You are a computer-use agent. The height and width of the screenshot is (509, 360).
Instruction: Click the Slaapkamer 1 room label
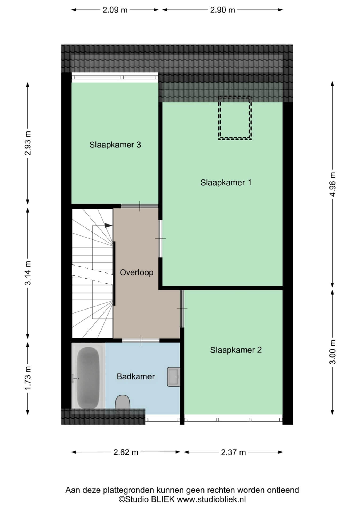(226, 182)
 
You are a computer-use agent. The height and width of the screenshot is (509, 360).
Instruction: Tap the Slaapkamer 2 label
(236, 350)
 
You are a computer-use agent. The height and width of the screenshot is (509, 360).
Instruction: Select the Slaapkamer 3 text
(115, 145)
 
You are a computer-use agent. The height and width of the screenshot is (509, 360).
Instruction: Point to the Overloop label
(137, 272)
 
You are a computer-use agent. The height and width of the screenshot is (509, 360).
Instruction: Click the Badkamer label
(136, 376)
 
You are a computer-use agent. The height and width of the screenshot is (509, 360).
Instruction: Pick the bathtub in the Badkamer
(88, 376)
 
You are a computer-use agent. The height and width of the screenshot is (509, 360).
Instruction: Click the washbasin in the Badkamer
(174, 377)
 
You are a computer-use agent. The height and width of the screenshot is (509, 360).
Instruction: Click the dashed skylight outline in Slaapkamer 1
(235, 118)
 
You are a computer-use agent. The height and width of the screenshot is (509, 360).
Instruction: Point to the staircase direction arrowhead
(108, 226)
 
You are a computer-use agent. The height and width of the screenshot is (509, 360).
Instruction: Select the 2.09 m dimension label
(115, 10)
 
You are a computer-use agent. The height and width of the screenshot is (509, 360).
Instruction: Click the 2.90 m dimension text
(222, 10)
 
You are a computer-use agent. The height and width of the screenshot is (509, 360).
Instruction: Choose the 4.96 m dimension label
(333, 184)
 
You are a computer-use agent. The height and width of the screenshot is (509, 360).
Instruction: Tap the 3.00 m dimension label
(333, 352)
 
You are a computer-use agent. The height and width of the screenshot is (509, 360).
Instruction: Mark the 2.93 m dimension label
(28, 143)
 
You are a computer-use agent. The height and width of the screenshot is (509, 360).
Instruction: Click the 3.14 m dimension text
(28, 273)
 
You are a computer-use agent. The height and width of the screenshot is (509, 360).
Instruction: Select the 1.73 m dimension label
(28, 378)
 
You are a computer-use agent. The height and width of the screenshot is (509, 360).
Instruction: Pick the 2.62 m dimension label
(126, 452)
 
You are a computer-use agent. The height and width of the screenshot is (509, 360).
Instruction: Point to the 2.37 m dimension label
(233, 452)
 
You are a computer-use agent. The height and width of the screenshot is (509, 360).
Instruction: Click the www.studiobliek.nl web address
(211, 499)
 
